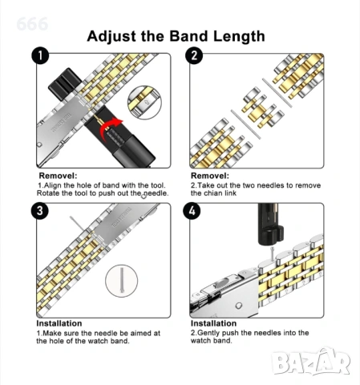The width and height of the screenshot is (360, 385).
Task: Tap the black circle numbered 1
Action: tap(40, 55)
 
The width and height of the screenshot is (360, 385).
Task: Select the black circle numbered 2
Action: tap(194, 55)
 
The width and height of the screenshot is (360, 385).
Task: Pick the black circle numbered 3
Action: tap(40, 211)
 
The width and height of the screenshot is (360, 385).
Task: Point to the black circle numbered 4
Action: tap(192, 211)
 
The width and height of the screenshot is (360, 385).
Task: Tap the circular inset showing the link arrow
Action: tap(144, 103)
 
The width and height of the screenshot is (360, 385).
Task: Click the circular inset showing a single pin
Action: tap(122, 281)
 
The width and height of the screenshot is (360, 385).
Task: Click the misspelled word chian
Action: tap(212, 193)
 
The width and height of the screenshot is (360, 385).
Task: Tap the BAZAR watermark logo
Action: tap(311, 362)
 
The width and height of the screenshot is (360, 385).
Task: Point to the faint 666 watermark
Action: tap(32, 24)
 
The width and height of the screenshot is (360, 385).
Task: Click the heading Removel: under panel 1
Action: tap(58, 176)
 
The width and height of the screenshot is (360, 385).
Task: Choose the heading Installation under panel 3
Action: tap(59, 323)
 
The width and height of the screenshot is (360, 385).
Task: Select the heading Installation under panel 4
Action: tap(213, 323)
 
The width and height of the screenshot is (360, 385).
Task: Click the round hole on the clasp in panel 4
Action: tap(238, 306)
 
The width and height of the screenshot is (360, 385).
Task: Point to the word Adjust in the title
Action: tap(111, 37)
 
